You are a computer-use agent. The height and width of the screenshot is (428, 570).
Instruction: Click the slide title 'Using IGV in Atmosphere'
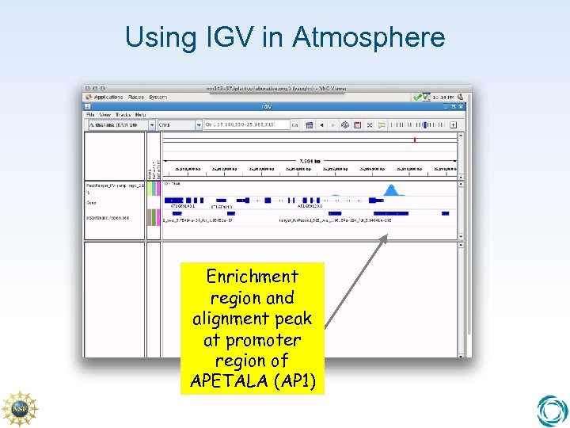click(285, 36)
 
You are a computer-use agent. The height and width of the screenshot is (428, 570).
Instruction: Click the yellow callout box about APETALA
click(252, 328)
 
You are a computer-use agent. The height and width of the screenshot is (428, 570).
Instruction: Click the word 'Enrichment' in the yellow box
click(252, 277)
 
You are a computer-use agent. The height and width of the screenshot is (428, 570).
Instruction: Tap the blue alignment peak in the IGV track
click(389, 189)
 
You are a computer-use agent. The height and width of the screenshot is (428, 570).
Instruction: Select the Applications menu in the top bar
click(107, 97)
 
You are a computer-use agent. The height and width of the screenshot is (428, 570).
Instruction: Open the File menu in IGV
click(91, 115)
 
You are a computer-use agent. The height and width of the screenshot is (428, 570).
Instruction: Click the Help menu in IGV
click(140, 115)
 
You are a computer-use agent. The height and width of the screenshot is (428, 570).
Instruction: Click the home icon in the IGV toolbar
click(310, 124)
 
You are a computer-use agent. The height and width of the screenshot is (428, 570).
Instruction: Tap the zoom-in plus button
click(454, 124)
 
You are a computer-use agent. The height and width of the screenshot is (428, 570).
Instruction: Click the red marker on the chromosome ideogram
click(414, 139)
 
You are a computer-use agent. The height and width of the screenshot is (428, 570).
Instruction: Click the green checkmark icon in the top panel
click(416, 97)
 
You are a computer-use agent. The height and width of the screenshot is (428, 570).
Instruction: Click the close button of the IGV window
click(464, 106)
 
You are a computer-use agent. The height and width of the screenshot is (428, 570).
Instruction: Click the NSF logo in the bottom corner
click(19, 409)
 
